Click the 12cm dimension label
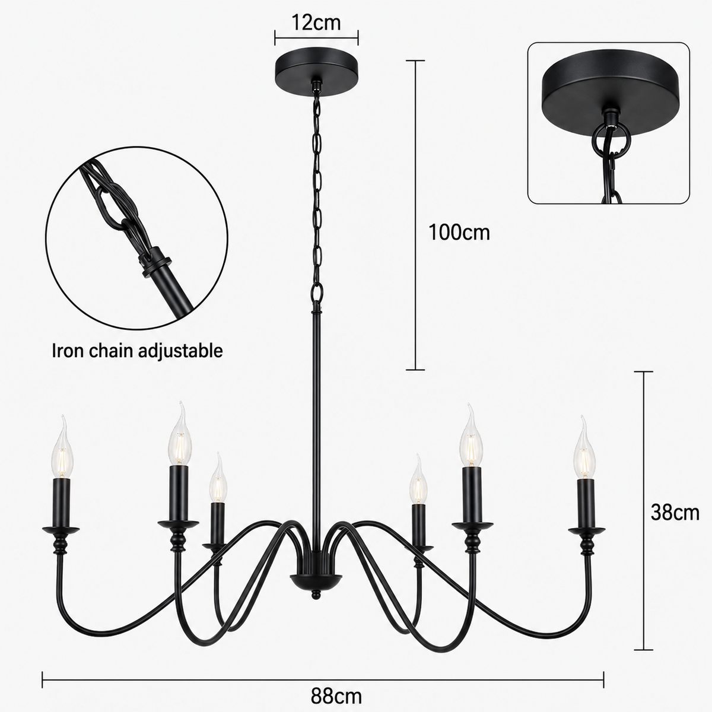coord(316,23)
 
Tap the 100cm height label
coord(459,233)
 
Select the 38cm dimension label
coord(675,513)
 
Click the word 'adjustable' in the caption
coord(180,351)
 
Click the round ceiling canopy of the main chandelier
coord(316,75)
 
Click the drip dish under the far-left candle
coord(61,529)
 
